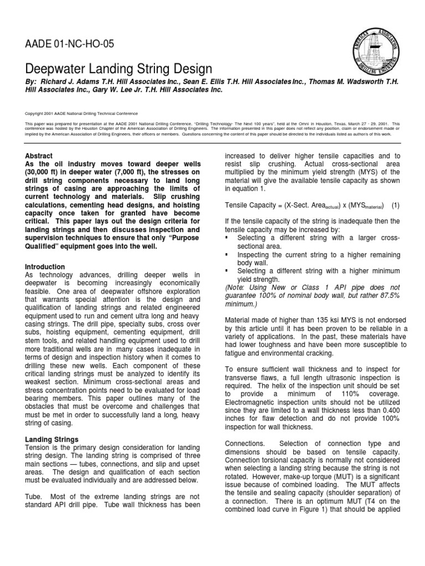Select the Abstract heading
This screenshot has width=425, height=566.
(x=40, y=156)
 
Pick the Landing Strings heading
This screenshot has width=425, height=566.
(x=53, y=439)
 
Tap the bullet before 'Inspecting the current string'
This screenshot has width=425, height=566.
(x=228, y=255)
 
